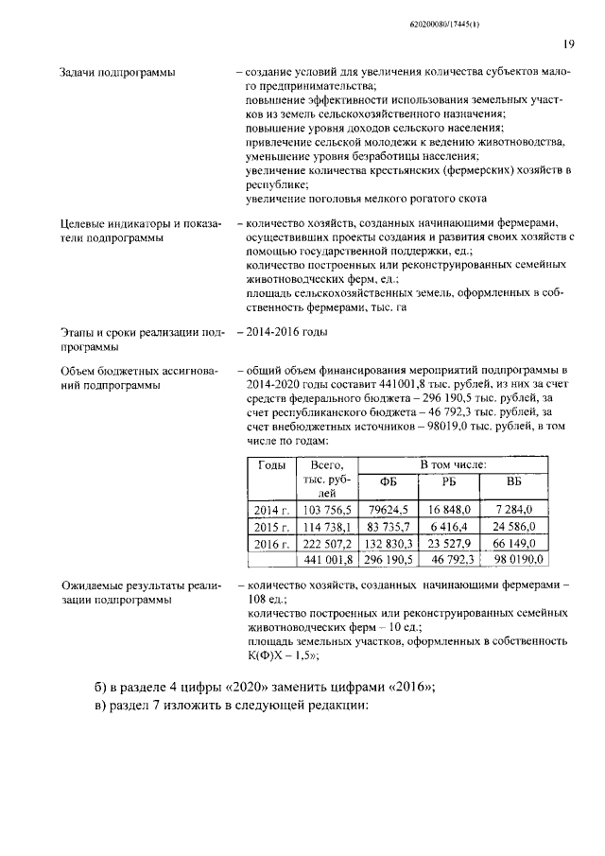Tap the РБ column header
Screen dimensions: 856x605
point(449,481)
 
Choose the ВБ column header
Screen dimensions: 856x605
point(514,481)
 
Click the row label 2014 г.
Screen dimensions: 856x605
point(271,510)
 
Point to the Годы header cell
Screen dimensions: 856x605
point(271,466)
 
